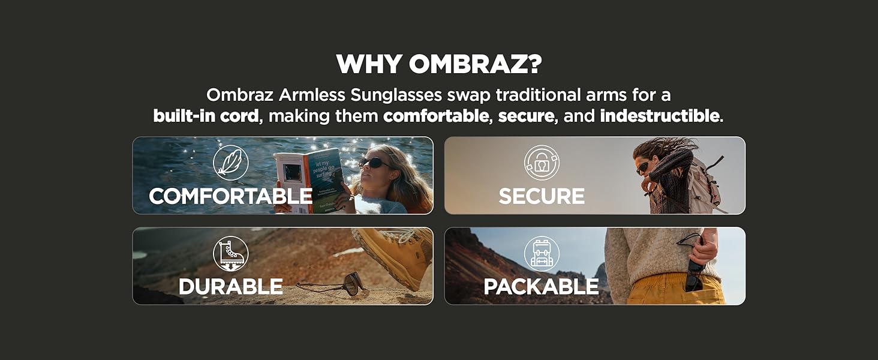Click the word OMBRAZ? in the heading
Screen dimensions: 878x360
[475, 64]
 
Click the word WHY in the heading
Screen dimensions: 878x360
[369, 64]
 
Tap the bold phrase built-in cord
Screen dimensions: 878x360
[206, 116]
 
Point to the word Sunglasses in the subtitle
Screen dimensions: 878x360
[396, 95]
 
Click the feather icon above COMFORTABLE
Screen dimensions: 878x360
[230, 163]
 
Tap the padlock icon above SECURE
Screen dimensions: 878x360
[542, 163]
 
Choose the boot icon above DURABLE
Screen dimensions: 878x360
[230, 253]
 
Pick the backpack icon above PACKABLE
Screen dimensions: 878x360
[542, 253]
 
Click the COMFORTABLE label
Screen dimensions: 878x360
[230, 196]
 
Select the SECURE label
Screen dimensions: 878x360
[542, 196]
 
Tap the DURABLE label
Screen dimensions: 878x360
[230, 287]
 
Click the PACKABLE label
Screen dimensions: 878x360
[542, 287]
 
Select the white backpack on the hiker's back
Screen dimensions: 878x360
[703, 182]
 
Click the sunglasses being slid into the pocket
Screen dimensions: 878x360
[694, 275]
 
